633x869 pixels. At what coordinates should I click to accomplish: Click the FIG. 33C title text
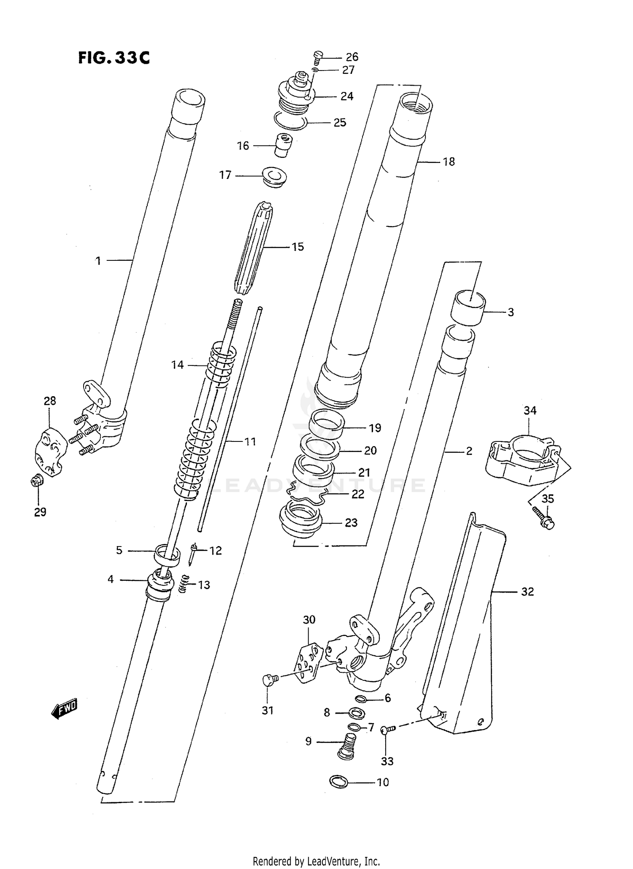coord(114,58)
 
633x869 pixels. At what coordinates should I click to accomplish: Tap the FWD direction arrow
coord(65,709)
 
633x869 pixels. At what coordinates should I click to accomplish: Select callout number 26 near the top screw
coord(352,57)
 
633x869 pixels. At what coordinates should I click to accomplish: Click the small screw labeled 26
coord(318,57)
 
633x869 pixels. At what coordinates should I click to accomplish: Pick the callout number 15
coord(298,247)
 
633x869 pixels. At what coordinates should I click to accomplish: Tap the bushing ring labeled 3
coord(467,308)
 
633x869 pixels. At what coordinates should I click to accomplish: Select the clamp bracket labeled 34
coord(522,462)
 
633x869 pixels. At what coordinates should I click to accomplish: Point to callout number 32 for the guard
coord(527,592)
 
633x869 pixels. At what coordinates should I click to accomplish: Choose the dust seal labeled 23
coord(300,519)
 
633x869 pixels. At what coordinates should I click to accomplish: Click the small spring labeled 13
coord(184,585)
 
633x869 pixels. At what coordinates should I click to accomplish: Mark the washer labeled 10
coord(338,782)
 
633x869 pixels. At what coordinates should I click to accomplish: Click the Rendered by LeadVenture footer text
coord(316,861)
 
